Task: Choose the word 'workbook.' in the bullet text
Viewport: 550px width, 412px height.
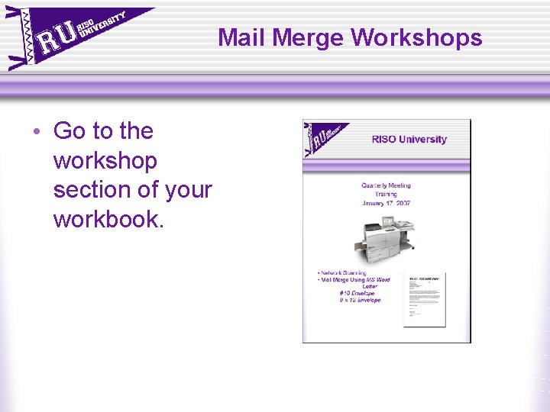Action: (x=108, y=220)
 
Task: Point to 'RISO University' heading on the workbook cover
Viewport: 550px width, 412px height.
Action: (x=409, y=140)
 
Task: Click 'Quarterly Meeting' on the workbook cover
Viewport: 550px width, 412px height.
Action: (x=386, y=185)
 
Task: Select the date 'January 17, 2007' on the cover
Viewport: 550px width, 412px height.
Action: (x=386, y=203)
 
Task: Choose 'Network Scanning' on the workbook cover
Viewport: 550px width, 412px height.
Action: (x=343, y=272)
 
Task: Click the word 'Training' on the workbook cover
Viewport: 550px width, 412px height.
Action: (x=386, y=194)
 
